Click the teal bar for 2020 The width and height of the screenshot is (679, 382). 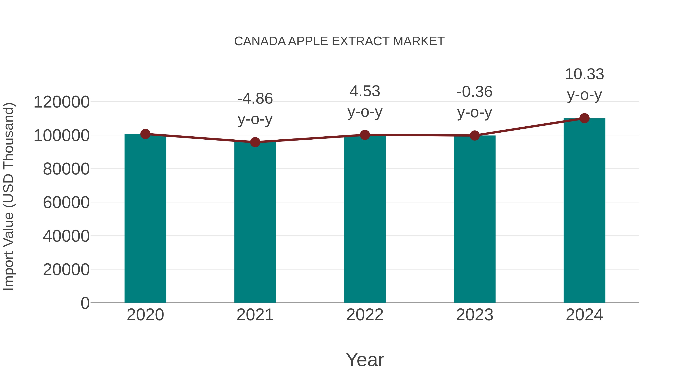pyautogui.click(x=145, y=219)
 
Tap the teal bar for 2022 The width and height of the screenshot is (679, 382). pyautogui.click(x=365, y=219)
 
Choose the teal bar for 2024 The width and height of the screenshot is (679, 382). pyautogui.click(x=584, y=211)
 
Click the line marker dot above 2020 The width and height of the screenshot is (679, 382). pyautogui.click(x=145, y=134)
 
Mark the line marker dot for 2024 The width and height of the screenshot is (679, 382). pyautogui.click(x=584, y=118)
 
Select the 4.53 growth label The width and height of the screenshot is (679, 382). pyautogui.click(x=365, y=91)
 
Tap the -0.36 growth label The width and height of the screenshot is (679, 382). pyautogui.click(x=475, y=92)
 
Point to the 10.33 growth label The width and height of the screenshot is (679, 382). pyautogui.click(x=584, y=74)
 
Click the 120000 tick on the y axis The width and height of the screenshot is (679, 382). pyautogui.click(x=61, y=102)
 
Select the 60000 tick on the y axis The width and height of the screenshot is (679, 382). pyautogui.click(x=66, y=203)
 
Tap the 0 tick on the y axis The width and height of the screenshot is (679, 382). pyautogui.click(x=85, y=303)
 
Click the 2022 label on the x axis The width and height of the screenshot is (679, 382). pyautogui.click(x=365, y=315)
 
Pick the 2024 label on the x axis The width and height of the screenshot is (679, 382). pyautogui.click(x=584, y=315)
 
